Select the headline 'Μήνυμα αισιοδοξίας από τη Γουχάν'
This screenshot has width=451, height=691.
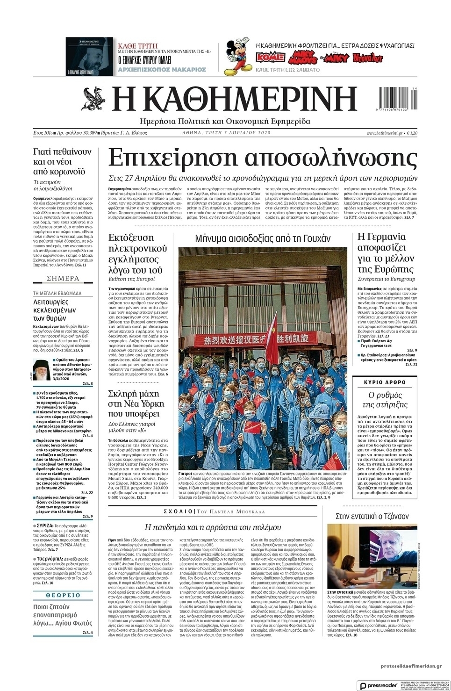point(263,238)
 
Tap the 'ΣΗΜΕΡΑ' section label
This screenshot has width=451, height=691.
point(63,279)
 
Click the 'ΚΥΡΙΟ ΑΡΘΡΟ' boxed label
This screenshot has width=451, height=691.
point(385,382)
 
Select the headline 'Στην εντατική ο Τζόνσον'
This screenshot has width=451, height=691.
point(372,516)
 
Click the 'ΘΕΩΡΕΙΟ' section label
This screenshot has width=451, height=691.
point(63,595)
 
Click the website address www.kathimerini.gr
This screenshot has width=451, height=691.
point(384,133)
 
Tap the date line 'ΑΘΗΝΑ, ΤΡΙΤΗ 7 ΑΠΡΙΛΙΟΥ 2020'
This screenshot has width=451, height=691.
point(226,133)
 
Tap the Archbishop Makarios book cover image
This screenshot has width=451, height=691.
point(89,57)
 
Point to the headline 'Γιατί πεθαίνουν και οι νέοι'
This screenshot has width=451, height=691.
point(63,161)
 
